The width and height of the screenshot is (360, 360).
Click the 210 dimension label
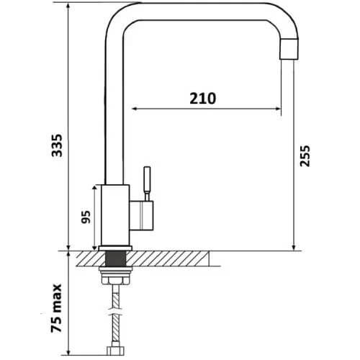click(x=203, y=99)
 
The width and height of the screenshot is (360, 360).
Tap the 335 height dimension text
click(x=57, y=145)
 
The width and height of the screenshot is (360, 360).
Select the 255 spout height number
click(x=305, y=156)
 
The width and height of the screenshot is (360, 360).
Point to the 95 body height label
click(x=86, y=217)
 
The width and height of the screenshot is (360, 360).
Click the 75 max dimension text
click(x=56, y=308)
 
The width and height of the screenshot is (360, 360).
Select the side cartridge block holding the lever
click(x=141, y=215)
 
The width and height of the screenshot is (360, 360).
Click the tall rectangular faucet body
click(x=115, y=215)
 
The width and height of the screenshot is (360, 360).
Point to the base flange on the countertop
click(x=115, y=248)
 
